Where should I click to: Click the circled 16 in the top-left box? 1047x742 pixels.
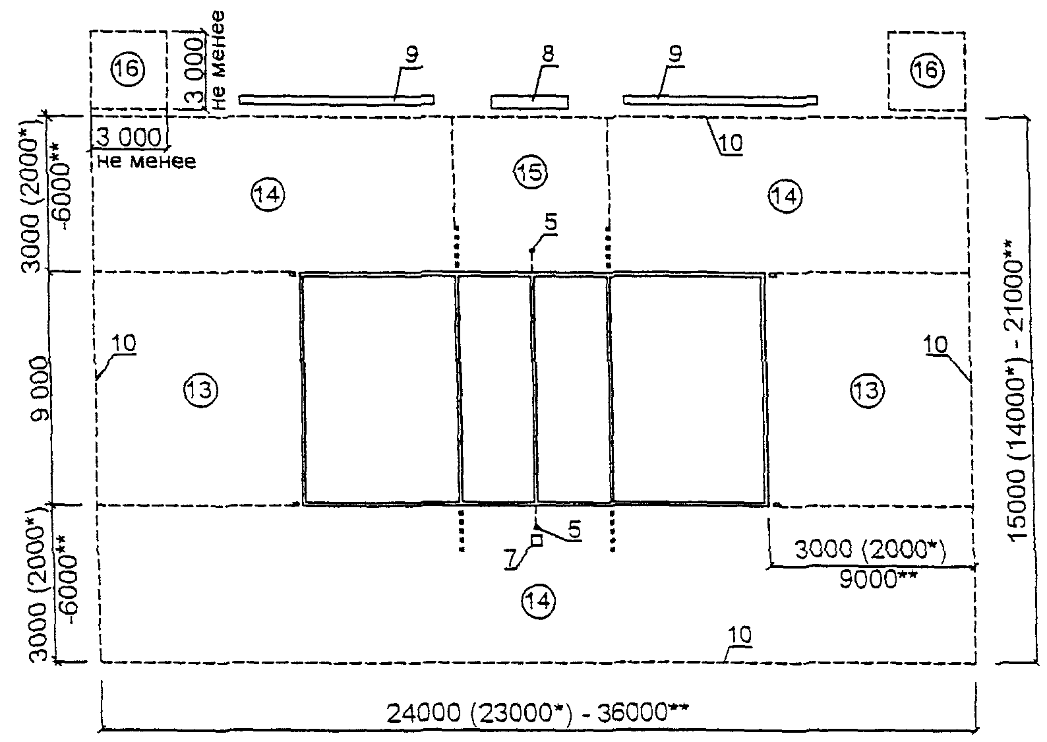pos(128,69)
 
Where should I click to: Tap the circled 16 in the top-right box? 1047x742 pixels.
pos(927,71)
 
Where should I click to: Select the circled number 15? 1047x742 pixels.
pos(531,173)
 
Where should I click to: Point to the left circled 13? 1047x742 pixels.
pos(200,389)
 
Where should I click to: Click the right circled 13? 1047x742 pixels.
pos(867,391)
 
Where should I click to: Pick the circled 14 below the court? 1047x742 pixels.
pos(539,602)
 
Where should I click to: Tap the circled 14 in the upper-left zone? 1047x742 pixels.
pos(268,195)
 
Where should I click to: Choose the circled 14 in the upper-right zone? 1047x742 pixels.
pos(785,196)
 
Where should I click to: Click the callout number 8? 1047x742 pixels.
pos(549,53)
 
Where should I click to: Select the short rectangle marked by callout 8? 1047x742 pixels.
pos(529,102)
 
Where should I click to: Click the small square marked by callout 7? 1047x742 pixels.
pos(537,540)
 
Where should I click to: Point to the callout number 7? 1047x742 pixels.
pos(512,559)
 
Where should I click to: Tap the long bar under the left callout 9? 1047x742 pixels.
pos(336,100)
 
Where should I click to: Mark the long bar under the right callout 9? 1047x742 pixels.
pos(720,100)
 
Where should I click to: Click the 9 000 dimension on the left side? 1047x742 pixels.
pos(40,389)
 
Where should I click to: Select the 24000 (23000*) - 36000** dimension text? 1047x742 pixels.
pos(537,714)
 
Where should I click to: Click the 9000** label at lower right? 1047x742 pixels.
pos(878,579)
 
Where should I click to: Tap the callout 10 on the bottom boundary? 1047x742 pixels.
pos(740,635)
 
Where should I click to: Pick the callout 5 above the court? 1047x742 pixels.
pos(552,224)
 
